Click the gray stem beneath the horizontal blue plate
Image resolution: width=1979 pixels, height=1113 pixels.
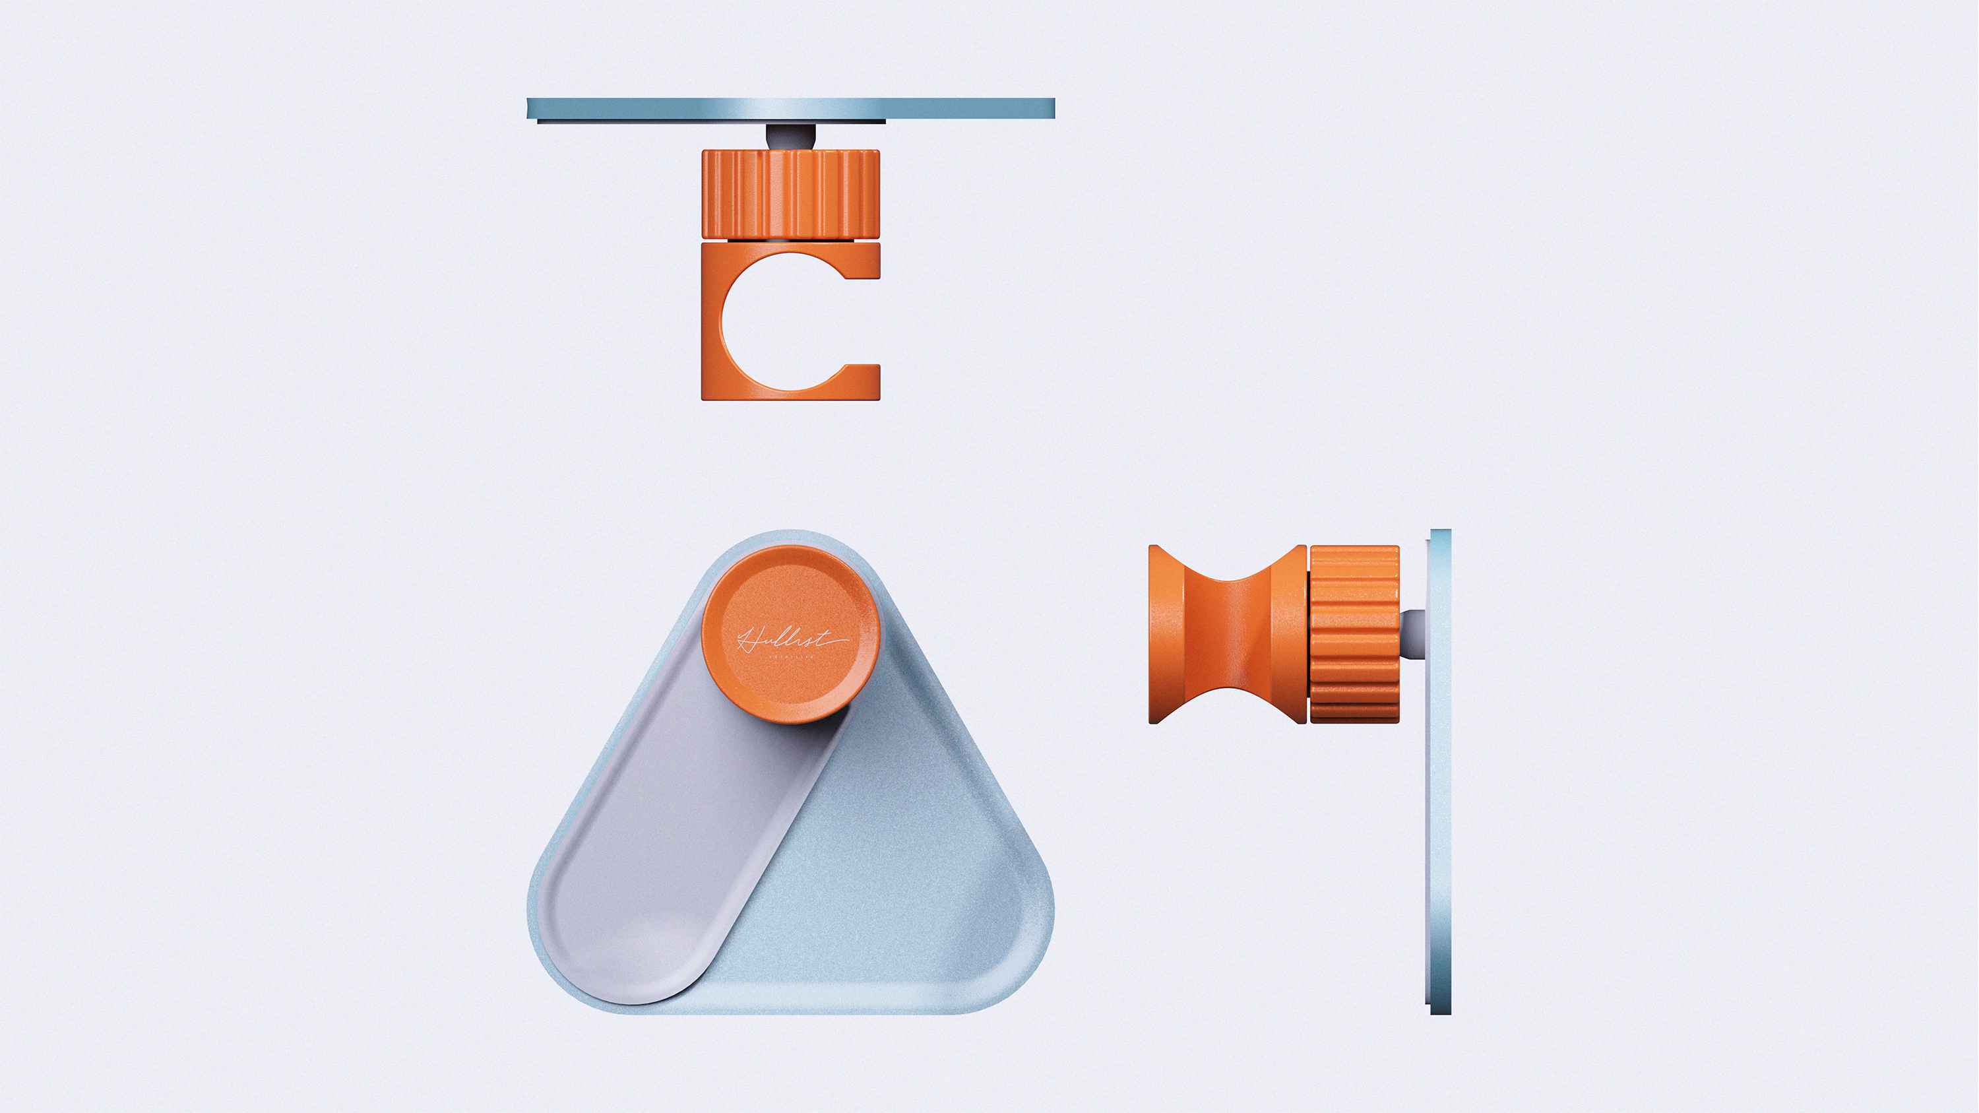click(x=790, y=137)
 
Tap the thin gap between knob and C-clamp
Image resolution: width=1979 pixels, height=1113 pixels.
click(x=790, y=240)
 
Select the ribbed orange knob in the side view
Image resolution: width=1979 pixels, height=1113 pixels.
click(x=1354, y=635)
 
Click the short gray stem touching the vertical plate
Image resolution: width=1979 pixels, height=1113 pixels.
click(x=1413, y=634)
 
